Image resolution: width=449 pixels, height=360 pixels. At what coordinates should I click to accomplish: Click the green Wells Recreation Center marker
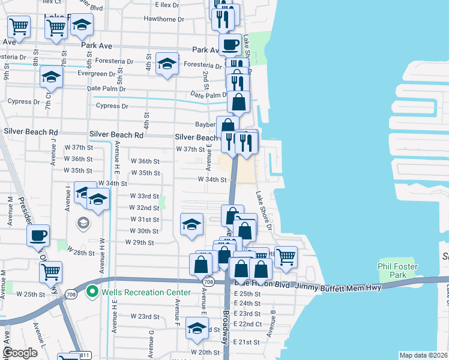[x=92, y=292]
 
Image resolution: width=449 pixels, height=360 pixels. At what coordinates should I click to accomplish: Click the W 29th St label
[x=140, y=242]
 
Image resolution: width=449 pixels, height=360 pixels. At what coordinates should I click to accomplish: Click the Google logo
[x=20, y=353]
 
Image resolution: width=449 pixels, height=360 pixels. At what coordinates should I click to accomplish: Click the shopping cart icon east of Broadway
[x=286, y=256]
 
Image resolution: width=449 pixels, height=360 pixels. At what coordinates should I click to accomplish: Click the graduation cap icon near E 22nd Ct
[x=196, y=328]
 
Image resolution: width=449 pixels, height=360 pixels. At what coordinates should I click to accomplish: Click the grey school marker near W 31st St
[x=82, y=223]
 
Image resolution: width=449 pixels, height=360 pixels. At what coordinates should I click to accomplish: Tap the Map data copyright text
[x=423, y=355]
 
